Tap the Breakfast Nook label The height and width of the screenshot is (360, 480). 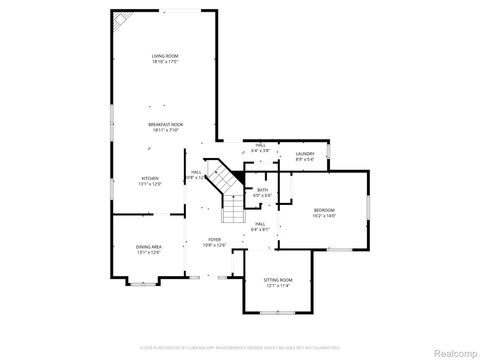165,125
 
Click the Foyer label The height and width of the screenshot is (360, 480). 215,239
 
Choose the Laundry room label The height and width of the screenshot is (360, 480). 305,153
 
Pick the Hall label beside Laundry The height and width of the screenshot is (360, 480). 260,146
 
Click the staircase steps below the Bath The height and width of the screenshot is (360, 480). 232,213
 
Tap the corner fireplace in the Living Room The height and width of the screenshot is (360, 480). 120,19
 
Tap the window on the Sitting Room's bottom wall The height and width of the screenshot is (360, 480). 277,317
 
